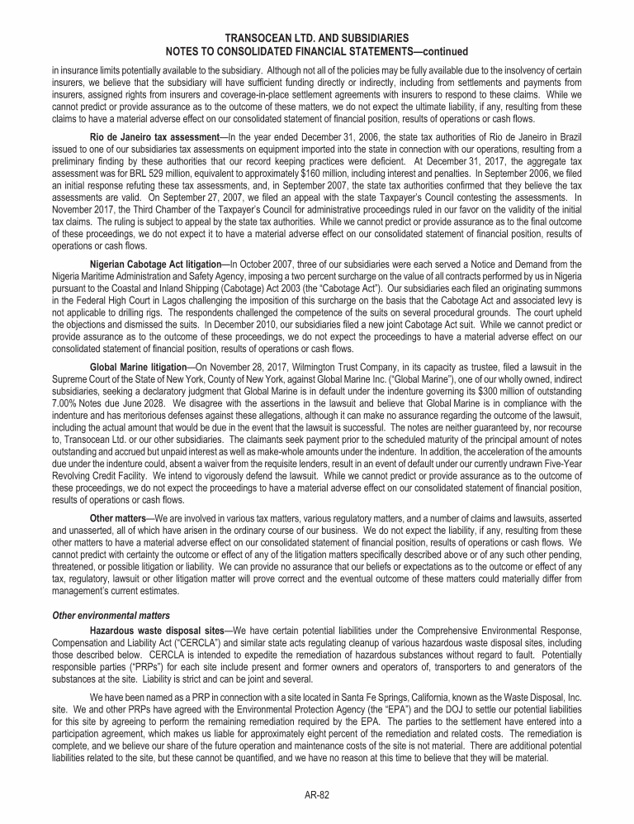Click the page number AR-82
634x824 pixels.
pos(317,795)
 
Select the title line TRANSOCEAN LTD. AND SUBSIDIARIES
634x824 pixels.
pos(317,38)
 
